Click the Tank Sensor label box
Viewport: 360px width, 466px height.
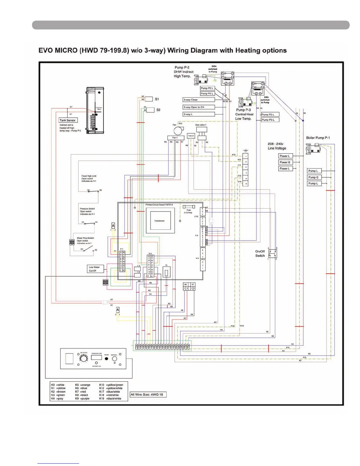[67, 120]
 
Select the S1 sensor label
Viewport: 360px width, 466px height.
[157, 99]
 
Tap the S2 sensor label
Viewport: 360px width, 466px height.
[158, 110]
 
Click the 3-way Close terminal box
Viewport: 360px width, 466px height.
[199, 100]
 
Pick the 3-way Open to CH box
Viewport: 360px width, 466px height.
[199, 107]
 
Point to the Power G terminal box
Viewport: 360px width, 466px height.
[285, 162]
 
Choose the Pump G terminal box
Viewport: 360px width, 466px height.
[314, 177]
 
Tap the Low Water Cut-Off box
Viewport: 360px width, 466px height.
[95, 269]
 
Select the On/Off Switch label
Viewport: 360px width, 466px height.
[260, 254]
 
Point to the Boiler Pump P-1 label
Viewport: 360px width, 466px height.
[318, 138]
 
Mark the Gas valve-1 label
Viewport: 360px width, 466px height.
[201, 125]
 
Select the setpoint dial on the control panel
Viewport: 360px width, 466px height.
[84, 358]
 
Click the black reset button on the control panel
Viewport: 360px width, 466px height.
[106, 359]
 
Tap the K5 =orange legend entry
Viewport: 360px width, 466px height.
[83, 385]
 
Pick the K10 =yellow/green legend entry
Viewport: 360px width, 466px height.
[111, 385]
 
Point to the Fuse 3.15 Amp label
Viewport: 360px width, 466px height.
[188, 211]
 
